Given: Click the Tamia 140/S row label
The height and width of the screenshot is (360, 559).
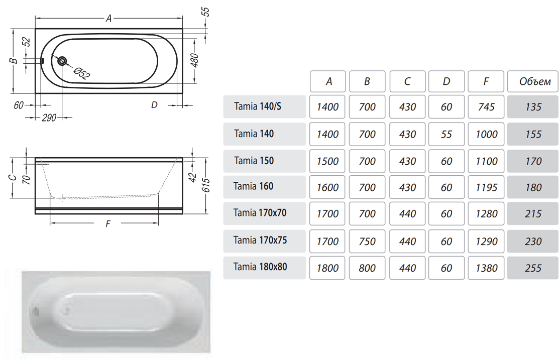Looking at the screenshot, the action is tap(257, 106).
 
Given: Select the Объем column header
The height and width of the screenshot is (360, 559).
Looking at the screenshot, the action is tap(535, 82).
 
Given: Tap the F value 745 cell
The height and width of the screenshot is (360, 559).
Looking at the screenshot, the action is tap(486, 106).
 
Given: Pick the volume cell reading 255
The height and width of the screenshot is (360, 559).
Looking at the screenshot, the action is tap(533, 268).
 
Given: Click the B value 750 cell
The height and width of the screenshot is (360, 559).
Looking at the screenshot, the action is tap(367, 242).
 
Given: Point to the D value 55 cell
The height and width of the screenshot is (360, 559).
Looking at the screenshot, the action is tap(446, 134).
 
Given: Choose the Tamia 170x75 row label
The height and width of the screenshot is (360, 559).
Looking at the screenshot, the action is tap(260, 240).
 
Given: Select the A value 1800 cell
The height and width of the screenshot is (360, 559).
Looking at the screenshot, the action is tap(327, 268).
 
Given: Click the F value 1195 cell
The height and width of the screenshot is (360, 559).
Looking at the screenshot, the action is tap(486, 187).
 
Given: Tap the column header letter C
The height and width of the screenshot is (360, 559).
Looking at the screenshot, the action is tap(407, 82).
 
